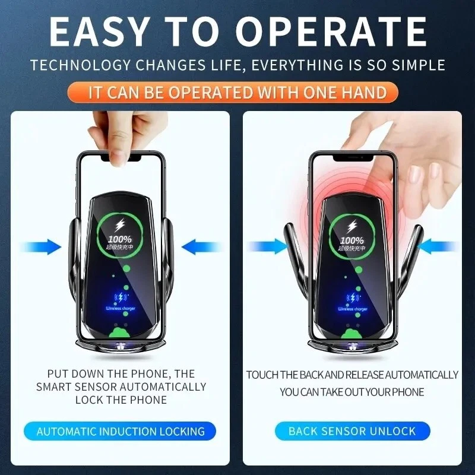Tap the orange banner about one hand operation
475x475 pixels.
[x=237, y=93]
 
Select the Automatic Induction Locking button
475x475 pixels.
[x=121, y=432]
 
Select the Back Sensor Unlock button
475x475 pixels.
[x=352, y=432]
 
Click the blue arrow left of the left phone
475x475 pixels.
[x=45, y=246]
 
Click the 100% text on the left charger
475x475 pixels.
[x=120, y=239]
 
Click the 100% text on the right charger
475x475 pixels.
[x=353, y=239]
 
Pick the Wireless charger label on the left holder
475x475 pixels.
[x=121, y=309]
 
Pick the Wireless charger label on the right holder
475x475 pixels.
[x=353, y=309]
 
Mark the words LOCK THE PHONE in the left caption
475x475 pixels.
[x=121, y=400]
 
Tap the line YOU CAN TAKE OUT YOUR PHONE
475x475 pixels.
[x=352, y=392]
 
